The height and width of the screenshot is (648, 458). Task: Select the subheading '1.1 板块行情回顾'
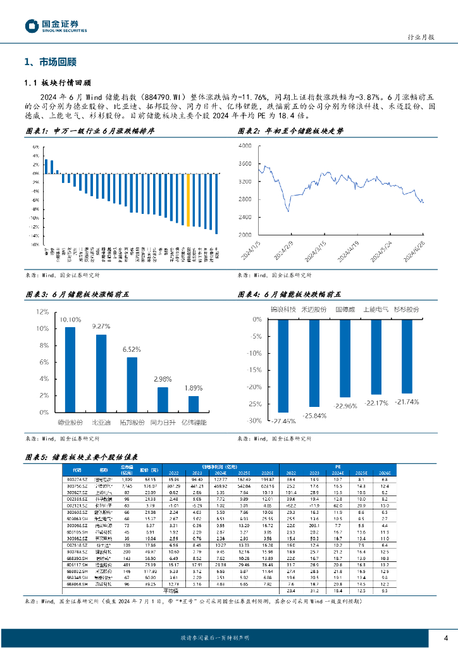point(58,82)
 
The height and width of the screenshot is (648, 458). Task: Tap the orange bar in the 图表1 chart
point(187,199)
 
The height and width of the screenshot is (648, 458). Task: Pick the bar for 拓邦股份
point(132,385)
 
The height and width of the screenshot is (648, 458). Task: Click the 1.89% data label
point(194,388)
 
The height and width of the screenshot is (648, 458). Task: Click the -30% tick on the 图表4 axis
point(254,420)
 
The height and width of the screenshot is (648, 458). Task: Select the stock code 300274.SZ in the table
point(77,480)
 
